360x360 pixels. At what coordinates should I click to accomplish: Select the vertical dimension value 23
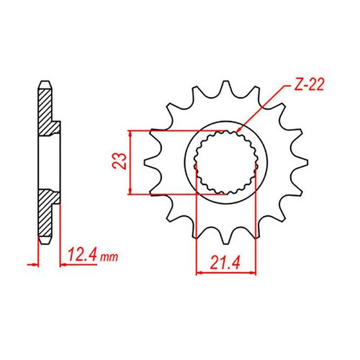pyautogui.click(x=125, y=162)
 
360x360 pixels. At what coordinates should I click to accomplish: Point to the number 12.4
pyautogui.click(x=81, y=256)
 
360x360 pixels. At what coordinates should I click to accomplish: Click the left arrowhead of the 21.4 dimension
pyautogui.click(x=199, y=272)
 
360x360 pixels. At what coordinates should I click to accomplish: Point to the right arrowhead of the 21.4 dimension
pyautogui.click(x=255, y=272)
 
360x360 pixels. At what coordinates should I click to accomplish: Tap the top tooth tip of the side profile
pyautogui.click(x=44, y=80)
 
